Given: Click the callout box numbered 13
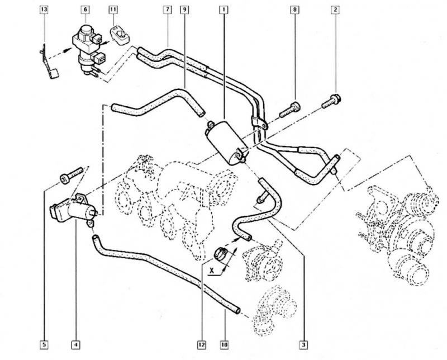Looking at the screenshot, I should pos(45,10).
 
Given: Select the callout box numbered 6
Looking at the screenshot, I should pos(85,10).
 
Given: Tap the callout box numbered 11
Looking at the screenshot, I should pos(113,10).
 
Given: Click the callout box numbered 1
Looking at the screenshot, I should pos(223,10).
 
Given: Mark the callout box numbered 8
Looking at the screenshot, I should pos(294,10).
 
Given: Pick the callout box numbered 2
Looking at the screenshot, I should pos(336,10).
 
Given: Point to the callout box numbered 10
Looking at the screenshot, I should pos(226,339).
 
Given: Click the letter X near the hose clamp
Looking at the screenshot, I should pos(213,268).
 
